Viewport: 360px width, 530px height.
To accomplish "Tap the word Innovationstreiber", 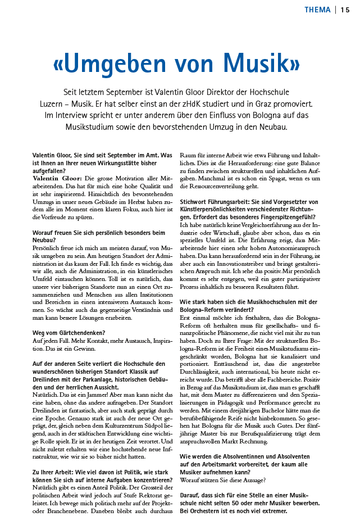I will click(x=235, y=263).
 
